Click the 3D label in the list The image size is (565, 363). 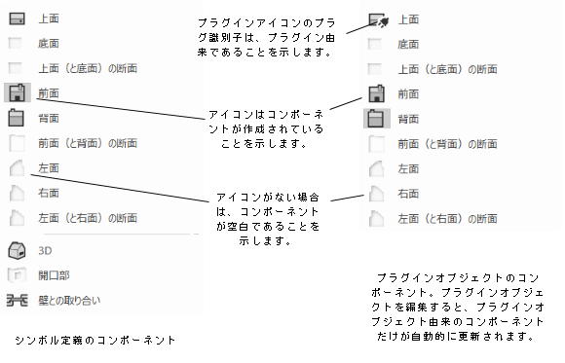46,249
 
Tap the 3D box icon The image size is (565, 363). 16,249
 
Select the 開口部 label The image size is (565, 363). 54,274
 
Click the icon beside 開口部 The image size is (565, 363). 16,274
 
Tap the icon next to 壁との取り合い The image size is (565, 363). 16,300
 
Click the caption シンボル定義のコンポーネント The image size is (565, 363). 95,340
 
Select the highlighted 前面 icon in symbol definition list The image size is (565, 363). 16,93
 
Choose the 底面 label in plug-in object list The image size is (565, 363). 410,45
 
